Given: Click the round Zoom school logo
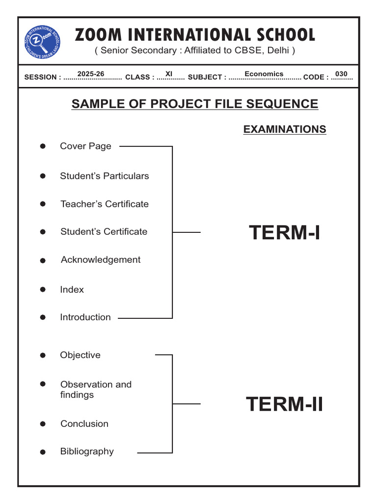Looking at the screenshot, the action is pyautogui.click(x=42, y=42).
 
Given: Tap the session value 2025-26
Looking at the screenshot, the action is pyautogui.click(x=91, y=74).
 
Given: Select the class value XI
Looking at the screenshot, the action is pyautogui.click(x=169, y=74).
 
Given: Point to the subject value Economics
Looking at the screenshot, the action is pyautogui.click(x=264, y=74).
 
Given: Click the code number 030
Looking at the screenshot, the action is pyautogui.click(x=341, y=74).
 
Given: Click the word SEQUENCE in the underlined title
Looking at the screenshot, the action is pyautogui.click(x=282, y=104).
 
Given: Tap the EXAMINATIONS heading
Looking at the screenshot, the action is pyautogui.click(x=285, y=129).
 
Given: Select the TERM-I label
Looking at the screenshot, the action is pyautogui.click(x=284, y=232).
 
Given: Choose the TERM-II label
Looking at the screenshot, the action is pyautogui.click(x=284, y=404).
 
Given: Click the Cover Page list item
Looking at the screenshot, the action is pyautogui.click(x=85, y=146).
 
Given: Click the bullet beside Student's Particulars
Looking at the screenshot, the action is pyautogui.click(x=43, y=176).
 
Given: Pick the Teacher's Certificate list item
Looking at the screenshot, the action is pyautogui.click(x=105, y=204).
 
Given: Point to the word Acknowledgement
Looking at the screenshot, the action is pyautogui.click(x=101, y=260).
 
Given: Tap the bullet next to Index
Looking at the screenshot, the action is pyautogui.click(x=43, y=289).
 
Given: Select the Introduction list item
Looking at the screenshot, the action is pyautogui.click(x=85, y=317).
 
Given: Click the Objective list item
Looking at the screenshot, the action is pyautogui.click(x=80, y=355).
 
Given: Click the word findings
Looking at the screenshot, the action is pyautogui.click(x=77, y=395).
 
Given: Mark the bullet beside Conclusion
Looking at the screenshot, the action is pyautogui.click(x=43, y=424).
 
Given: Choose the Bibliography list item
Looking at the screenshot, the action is pyautogui.click(x=87, y=452).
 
